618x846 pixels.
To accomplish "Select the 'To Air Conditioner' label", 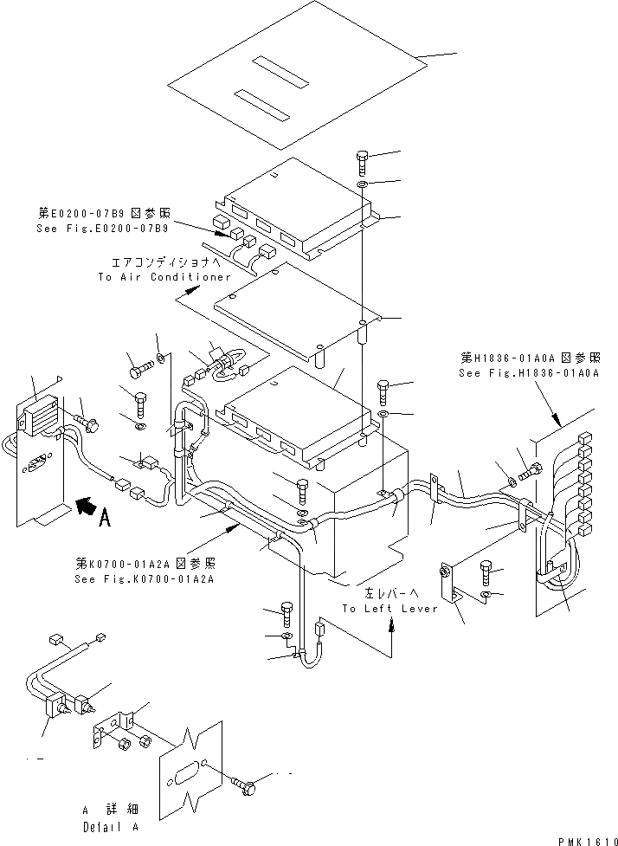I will (164, 277).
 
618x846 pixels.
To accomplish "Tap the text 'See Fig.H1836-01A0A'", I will (529, 371).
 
